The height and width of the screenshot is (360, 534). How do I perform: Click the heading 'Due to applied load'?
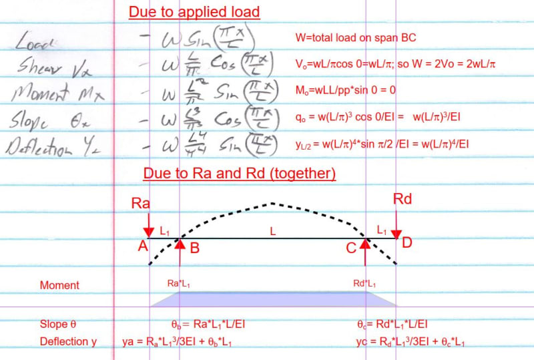(194, 12)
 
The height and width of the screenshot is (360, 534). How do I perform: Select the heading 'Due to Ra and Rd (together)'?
(239, 174)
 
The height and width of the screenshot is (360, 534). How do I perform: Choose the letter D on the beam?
(407, 242)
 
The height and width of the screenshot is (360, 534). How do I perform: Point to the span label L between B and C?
(272, 230)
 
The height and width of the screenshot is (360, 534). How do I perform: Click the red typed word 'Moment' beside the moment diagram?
(59, 285)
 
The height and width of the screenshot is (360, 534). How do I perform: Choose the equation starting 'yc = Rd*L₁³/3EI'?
(411, 342)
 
